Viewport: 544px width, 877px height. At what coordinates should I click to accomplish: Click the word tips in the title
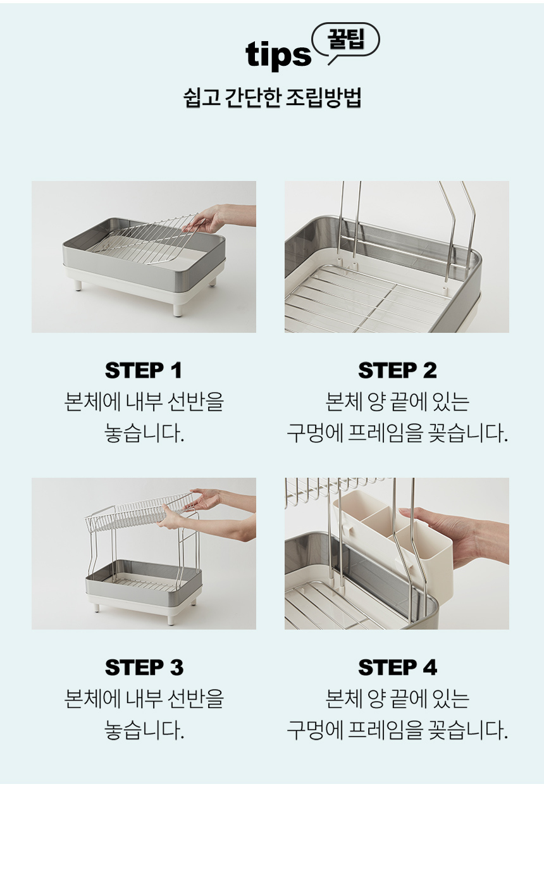pos(278,55)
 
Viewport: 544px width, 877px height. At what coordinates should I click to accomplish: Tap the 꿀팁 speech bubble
pos(345,40)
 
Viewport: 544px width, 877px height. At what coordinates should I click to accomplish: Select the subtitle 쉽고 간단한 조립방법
pos(272,98)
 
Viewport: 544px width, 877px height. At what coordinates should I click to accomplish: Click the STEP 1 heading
pos(144,370)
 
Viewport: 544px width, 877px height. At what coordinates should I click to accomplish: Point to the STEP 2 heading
pos(397,370)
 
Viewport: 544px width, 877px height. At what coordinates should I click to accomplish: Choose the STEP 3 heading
pos(144,667)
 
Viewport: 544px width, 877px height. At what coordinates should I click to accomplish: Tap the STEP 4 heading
pos(397,667)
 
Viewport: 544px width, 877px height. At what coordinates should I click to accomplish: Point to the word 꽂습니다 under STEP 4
pos(468,730)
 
